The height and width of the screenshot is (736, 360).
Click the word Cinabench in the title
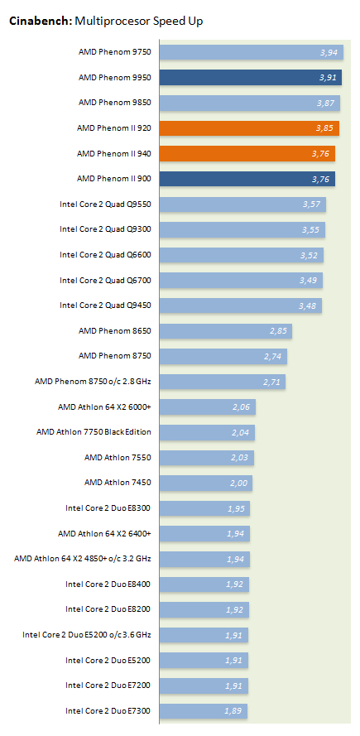tap(41, 22)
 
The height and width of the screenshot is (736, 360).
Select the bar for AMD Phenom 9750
tap(252, 52)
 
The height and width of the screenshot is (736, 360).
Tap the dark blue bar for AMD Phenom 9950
tap(251, 78)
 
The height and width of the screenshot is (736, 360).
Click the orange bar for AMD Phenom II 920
tap(249, 128)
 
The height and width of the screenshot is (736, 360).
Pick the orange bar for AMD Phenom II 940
tap(247, 153)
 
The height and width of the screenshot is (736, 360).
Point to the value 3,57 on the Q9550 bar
tap(311, 204)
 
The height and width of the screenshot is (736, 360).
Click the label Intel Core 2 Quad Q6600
tap(105, 255)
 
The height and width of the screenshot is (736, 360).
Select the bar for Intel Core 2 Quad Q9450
tap(241, 305)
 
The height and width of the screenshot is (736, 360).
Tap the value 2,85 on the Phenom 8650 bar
tap(278, 331)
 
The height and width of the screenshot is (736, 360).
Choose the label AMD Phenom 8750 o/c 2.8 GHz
tap(93, 382)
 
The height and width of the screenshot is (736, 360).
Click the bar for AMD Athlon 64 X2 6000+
tap(208, 407)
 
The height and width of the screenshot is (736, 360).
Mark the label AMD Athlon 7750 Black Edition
tap(94, 432)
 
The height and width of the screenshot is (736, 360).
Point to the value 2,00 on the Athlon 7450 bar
tap(239, 483)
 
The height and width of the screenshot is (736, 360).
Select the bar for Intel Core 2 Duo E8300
tap(204, 508)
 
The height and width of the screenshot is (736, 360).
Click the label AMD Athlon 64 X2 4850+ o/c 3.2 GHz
tap(83, 559)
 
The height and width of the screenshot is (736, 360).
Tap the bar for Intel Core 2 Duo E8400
tap(204, 584)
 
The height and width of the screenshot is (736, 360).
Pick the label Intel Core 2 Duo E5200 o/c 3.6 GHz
tap(87, 635)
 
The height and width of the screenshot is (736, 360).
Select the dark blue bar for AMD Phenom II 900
tap(247, 179)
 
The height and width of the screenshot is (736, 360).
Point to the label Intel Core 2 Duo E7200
tap(108, 685)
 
